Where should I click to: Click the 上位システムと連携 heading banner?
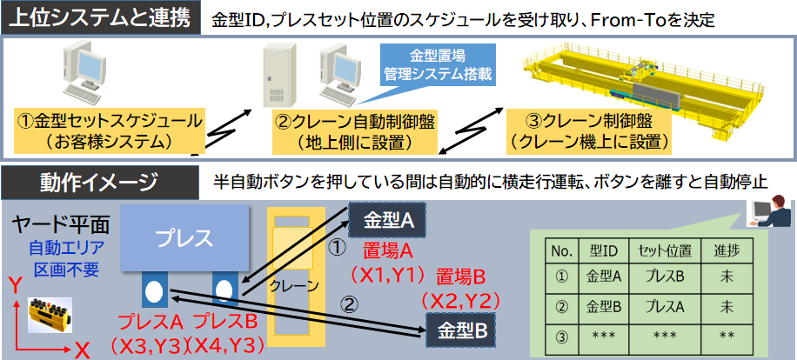pos(99,17)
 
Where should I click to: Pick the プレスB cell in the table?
pos(662,278)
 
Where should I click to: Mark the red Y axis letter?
pos(13,284)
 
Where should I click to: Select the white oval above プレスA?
pos(154,290)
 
